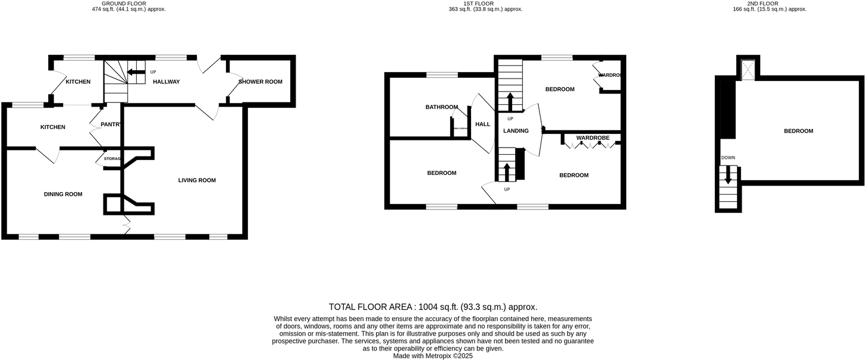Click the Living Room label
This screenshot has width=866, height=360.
197,180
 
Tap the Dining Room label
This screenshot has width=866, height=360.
63,194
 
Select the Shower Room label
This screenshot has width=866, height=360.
261,82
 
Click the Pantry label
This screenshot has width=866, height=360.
112,124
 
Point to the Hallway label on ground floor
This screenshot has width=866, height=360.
167,82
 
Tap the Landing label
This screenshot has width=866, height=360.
516,131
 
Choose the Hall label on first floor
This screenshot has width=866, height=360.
483,124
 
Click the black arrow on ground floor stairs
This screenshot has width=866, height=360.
137,73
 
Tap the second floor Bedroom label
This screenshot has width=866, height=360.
798,131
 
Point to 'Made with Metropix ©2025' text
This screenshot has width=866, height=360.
433,356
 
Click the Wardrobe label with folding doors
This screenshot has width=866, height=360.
592,138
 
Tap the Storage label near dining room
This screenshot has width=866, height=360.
112,159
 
